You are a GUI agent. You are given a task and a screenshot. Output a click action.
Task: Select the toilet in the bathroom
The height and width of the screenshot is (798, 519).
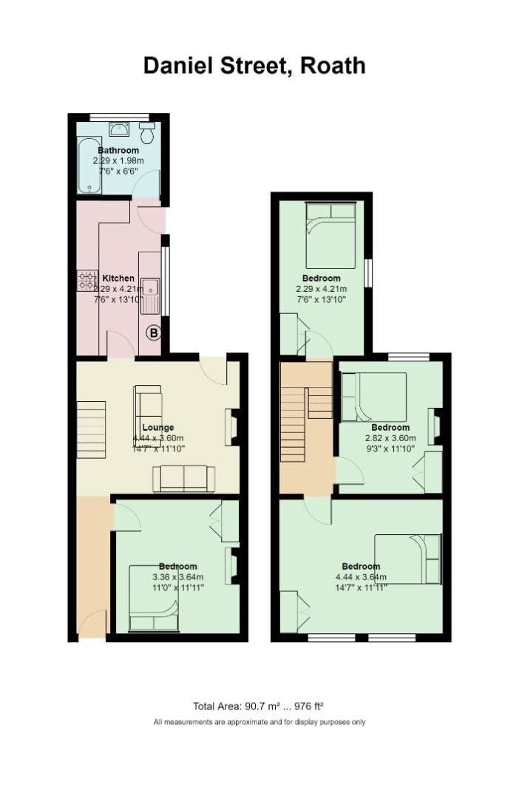(x=147, y=134)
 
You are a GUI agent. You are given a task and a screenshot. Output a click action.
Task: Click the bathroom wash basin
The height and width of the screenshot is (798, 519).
(x=119, y=130)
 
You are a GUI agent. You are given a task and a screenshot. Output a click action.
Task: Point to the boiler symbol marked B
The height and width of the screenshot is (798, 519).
(x=153, y=333)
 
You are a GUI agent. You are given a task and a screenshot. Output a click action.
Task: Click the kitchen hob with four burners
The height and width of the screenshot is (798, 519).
(x=87, y=280)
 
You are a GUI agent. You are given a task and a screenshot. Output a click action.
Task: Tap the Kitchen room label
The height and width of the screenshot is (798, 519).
(x=118, y=279)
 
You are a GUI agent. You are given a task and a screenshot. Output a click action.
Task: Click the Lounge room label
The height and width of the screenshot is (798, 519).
(x=157, y=427)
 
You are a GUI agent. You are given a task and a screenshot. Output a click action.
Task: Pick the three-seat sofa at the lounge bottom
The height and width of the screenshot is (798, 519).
(x=183, y=478)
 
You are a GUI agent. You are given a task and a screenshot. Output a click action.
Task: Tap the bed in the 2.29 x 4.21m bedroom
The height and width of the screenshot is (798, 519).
(x=331, y=235)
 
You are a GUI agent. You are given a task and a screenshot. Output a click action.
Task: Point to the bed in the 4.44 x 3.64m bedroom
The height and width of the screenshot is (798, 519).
(x=408, y=559)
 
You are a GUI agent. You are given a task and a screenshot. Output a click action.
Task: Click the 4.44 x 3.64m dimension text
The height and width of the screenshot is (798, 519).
(x=361, y=577)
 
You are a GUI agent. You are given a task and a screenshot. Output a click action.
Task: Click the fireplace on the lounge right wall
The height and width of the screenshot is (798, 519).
(x=231, y=427)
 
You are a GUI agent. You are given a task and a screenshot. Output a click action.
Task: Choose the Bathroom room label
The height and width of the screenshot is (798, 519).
(x=118, y=151)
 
